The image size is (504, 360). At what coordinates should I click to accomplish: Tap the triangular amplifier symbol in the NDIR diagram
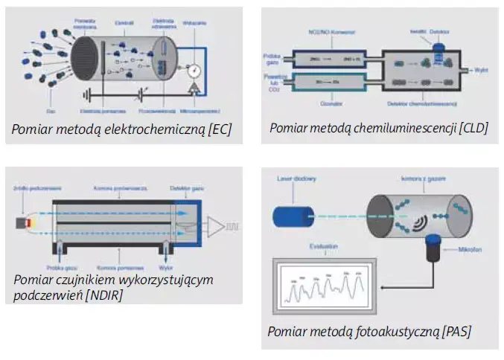tap(215, 226)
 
